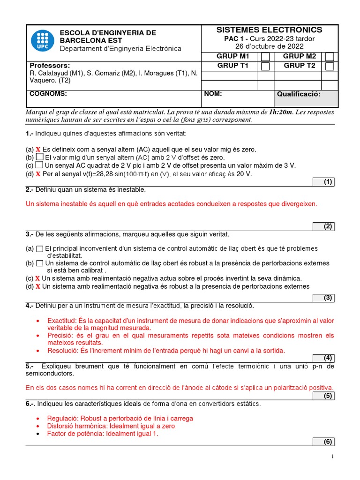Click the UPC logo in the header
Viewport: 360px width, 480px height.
[x=42, y=41]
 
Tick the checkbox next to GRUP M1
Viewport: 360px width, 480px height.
[x=265, y=57]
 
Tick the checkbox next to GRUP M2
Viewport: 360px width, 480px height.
[x=330, y=57]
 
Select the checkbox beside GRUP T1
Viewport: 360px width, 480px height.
[x=265, y=66]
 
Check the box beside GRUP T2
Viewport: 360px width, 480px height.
[x=330, y=66]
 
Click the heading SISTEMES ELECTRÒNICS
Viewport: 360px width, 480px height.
[x=269, y=30]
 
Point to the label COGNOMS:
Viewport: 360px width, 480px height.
[x=48, y=94]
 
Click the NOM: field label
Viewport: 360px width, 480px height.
[x=213, y=94]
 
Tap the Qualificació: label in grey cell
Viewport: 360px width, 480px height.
[x=299, y=94]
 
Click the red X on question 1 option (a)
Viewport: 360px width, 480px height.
[x=38, y=150]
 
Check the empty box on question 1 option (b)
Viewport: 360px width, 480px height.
[x=40, y=157]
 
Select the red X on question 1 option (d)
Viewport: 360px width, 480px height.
[x=38, y=174]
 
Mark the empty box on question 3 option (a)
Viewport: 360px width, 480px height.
[x=40, y=248]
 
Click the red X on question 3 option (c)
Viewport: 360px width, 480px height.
[x=38, y=278]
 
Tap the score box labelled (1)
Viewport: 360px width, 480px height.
[x=324, y=182]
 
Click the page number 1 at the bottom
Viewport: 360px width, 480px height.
[x=332, y=456]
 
